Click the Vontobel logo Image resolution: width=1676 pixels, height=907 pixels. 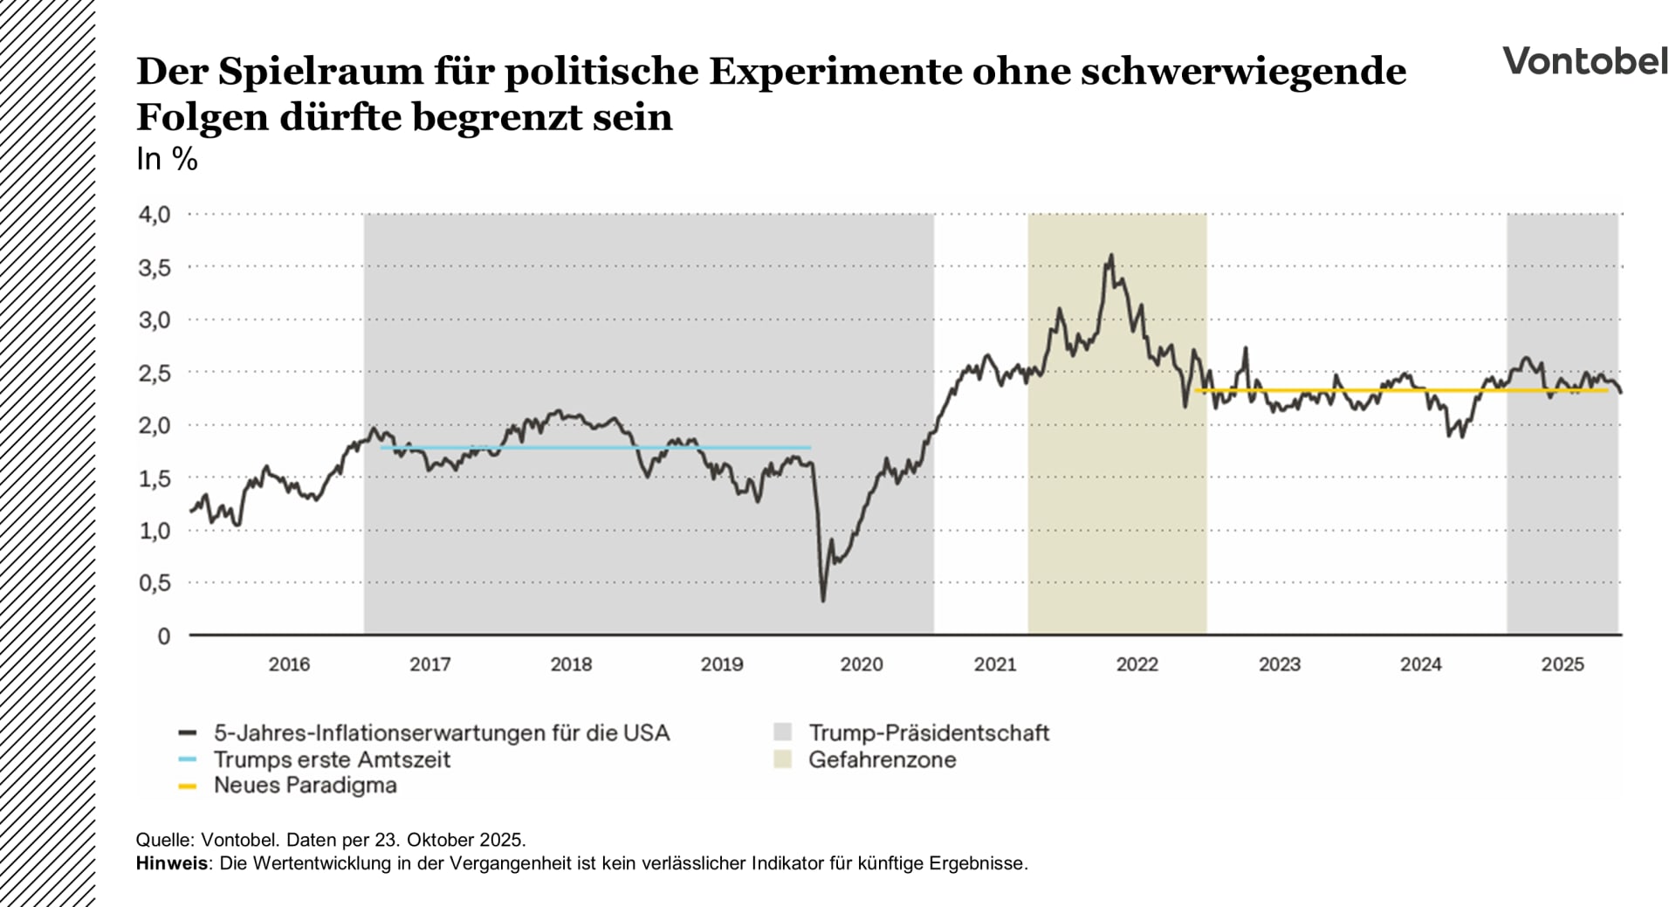1583,61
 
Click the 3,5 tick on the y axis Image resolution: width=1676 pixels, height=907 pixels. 155,268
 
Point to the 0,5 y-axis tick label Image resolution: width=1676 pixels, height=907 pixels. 155,583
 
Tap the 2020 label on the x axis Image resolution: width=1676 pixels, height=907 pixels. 861,664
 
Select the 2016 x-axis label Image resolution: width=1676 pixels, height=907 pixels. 289,664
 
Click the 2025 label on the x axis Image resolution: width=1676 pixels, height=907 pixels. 1562,664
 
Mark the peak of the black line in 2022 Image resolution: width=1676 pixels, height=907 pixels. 1111,256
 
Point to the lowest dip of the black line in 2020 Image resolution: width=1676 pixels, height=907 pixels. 822,601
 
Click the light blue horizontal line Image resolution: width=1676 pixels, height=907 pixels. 594,448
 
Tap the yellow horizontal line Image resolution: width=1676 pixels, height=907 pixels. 1397,390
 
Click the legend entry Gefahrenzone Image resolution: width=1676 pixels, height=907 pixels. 882,759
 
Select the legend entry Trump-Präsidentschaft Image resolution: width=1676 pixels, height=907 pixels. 928,733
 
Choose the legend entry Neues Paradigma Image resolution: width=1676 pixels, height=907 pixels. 305,786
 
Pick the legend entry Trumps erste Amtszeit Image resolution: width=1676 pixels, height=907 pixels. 332,759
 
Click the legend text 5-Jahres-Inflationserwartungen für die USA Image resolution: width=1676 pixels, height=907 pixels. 442,733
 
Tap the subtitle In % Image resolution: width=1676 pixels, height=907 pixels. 167,159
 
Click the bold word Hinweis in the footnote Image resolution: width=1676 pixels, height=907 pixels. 171,863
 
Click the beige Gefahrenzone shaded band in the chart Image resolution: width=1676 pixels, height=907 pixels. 1117,524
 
